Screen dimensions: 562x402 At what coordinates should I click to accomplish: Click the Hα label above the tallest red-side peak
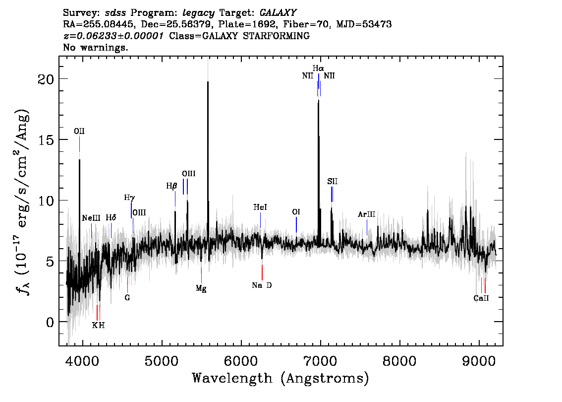click(x=318, y=68)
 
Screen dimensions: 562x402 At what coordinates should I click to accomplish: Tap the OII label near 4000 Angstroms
click(x=79, y=132)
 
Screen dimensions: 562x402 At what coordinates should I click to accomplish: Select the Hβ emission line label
click(x=171, y=186)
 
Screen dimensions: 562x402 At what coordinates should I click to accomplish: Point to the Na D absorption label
click(x=262, y=285)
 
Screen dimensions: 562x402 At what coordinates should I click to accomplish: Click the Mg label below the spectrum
click(x=201, y=288)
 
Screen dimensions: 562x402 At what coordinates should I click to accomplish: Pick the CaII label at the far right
click(x=481, y=298)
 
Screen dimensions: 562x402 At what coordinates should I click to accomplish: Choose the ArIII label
click(x=366, y=214)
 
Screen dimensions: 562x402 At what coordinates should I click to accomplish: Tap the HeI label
click(x=260, y=207)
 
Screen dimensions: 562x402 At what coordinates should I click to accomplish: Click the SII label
click(x=332, y=182)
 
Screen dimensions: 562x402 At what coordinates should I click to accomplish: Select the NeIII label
click(x=91, y=218)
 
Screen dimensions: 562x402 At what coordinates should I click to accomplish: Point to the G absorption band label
click(x=127, y=298)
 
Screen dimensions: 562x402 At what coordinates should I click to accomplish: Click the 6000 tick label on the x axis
click(x=241, y=361)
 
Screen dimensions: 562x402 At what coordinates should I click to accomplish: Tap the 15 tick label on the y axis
click(x=46, y=139)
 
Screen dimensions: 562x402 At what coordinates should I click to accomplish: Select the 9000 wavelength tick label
click(x=479, y=361)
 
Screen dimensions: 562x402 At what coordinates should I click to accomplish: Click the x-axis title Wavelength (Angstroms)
click(x=281, y=378)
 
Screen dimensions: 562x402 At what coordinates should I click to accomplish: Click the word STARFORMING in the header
click(x=276, y=36)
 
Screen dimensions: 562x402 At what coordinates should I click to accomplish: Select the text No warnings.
click(x=95, y=47)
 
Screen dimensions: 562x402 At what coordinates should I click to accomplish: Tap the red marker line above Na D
click(x=262, y=272)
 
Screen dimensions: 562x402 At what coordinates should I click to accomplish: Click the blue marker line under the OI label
click(x=296, y=225)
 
